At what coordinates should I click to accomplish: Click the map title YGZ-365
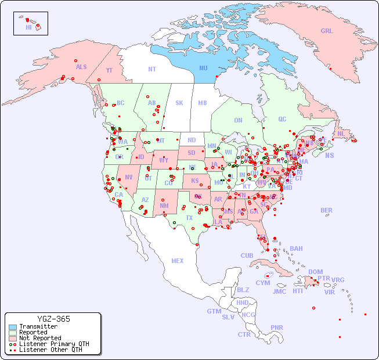point(53,319)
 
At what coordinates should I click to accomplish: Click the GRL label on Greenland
point(327,31)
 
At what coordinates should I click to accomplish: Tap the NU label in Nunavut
point(203,68)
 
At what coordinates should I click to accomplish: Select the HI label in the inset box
point(28,27)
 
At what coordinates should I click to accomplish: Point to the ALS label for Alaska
point(81,67)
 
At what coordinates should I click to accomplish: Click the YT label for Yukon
point(109,70)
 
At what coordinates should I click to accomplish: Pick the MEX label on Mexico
point(178,261)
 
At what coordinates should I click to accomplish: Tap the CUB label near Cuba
point(247,255)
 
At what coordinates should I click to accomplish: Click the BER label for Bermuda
point(327,210)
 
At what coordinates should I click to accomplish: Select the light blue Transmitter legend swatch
point(13,326)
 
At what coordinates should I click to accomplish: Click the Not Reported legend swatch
point(13,338)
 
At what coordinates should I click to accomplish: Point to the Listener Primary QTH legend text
point(54,344)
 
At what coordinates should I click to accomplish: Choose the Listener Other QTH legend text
point(50,350)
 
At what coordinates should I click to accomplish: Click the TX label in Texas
point(189,218)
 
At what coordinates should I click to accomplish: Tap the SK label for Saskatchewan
point(179,103)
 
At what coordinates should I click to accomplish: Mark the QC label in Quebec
point(282,119)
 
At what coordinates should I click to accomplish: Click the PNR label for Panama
point(277,327)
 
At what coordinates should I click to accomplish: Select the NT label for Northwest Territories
point(152,69)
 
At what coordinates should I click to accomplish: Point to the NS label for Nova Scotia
point(329,155)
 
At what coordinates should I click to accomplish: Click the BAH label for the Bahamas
point(296,249)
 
